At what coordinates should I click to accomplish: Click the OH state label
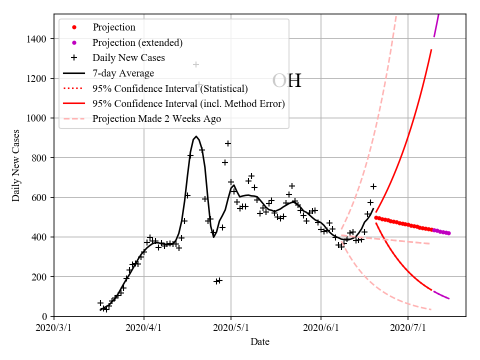[287, 81]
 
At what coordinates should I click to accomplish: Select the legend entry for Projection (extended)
[137, 42]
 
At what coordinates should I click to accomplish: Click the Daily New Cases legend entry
[128, 58]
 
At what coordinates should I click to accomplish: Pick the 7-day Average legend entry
[123, 73]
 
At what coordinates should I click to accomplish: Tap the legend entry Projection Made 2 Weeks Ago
[156, 119]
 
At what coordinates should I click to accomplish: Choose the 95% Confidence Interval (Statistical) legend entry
[170, 89]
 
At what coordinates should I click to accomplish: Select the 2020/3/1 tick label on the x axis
[54, 328]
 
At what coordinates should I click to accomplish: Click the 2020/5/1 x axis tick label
[231, 328]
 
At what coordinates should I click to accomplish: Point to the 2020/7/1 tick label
[408, 328]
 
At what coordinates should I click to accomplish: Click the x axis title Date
[260, 342]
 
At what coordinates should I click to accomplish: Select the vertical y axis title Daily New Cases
[16, 165]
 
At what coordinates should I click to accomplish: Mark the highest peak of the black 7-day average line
[196, 136]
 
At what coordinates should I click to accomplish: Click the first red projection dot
[376, 217]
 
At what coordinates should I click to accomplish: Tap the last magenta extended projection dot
[449, 233]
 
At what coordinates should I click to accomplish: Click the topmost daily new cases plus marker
[196, 64]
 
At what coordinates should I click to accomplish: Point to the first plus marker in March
[100, 303]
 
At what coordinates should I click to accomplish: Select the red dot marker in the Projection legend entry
[74, 27]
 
